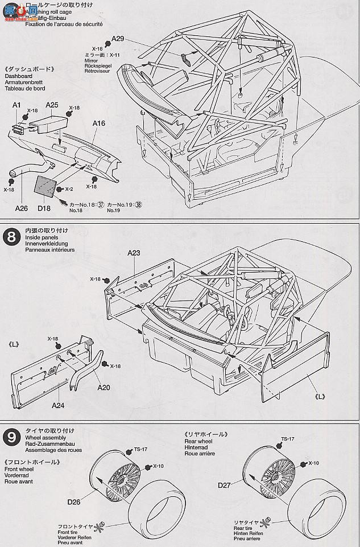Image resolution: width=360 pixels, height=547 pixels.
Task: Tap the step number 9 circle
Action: click(x=11, y=437)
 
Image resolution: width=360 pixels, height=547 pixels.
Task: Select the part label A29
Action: click(x=118, y=39)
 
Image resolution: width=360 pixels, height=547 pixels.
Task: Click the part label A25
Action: click(x=52, y=105)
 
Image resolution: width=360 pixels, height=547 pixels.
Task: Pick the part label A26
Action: click(x=21, y=208)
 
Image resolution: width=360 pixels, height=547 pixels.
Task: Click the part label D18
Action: click(x=44, y=208)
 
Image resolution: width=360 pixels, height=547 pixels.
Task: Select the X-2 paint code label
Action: click(x=68, y=189)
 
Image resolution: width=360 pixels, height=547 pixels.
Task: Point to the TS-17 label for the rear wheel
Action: click(x=289, y=439)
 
